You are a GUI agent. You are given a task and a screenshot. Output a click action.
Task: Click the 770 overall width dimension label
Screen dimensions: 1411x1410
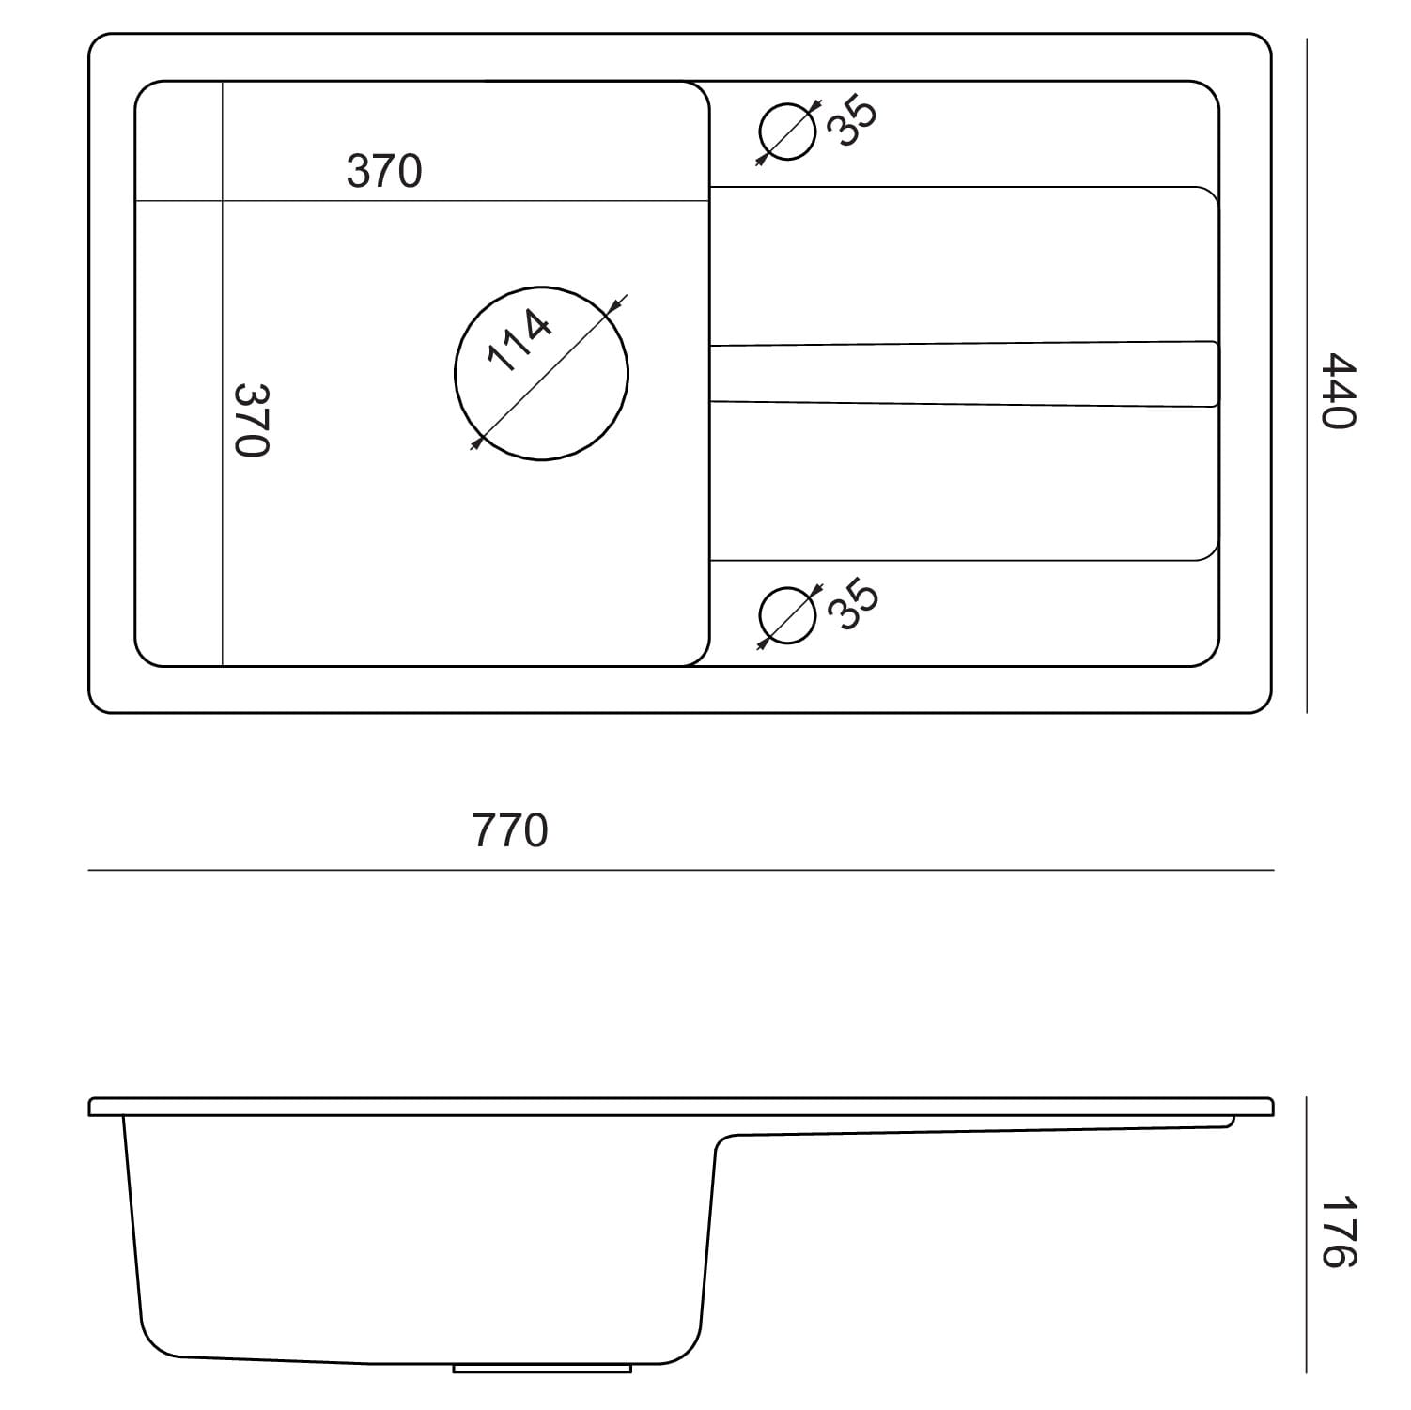coord(510,830)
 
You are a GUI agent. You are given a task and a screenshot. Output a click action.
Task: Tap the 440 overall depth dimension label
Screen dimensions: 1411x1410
coord(1338,391)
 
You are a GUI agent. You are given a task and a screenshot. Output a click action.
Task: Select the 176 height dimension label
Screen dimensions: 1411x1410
coord(1338,1232)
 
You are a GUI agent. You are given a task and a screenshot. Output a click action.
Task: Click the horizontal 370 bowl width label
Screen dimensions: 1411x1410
coord(384,171)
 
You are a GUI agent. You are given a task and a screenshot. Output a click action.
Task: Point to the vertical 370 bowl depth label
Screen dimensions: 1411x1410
coord(252,420)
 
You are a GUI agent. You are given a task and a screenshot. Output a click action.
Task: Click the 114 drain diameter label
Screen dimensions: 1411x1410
coord(519,341)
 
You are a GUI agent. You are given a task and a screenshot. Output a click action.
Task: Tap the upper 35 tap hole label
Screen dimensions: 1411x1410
coord(854,121)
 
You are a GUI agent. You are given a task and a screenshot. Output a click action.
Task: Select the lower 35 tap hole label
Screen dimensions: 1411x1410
coord(854,606)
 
